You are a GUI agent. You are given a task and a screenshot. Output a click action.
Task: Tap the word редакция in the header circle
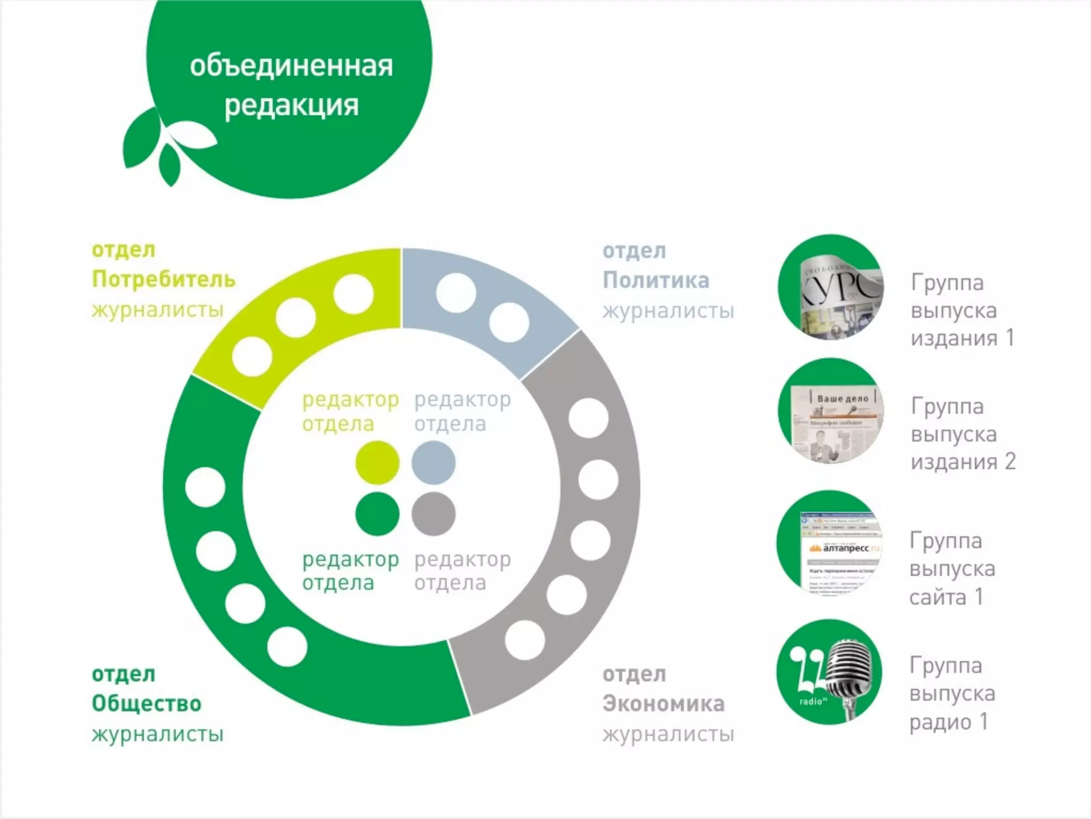[291, 105]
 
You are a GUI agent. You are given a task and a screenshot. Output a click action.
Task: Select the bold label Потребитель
[163, 279]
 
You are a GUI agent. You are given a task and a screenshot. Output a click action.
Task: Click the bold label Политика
[656, 280]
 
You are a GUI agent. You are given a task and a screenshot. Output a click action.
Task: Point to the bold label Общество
[146, 704]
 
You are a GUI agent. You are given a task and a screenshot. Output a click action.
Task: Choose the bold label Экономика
[663, 704]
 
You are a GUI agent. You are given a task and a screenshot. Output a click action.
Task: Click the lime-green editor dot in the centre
[377, 463]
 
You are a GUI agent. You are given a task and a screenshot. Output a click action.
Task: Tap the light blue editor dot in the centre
[434, 463]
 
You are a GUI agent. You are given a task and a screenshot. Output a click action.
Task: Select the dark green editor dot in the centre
[377, 514]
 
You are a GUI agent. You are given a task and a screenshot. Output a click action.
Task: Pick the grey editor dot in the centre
[434, 514]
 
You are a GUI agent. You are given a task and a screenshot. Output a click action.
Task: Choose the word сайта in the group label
[938, 597]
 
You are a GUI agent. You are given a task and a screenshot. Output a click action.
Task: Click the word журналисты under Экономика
[668, 735]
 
